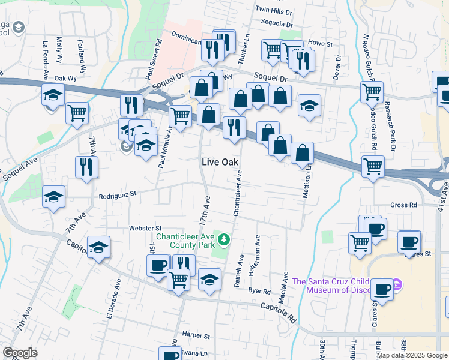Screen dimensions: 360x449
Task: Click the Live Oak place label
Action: [x=220, y=163]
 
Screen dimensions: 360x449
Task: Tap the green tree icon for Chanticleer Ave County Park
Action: [x=224, y=240]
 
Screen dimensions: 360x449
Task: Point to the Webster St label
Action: [x=146, y=228]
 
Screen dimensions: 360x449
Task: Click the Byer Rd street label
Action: [x=259, y=290]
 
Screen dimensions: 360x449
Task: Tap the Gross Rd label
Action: [x=403, y=205]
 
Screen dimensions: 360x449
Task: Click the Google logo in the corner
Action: [x=20, y=353]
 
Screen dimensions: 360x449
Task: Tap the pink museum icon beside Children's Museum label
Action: [x=397, y=284]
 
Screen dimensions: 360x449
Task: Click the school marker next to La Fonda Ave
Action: [x=53, y=95]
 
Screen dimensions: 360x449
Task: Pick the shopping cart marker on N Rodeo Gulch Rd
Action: [x=372, y=92]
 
